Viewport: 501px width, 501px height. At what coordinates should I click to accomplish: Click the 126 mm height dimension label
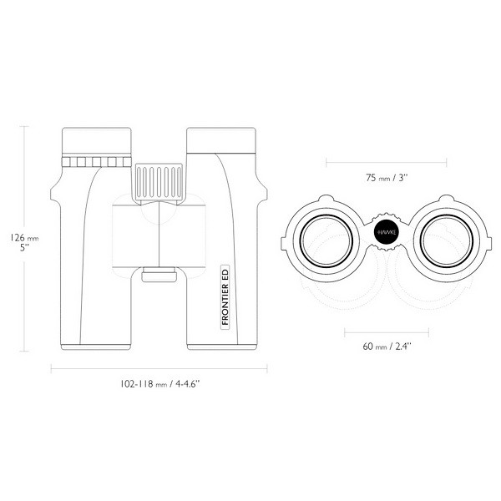pyautogui.click(x=24, y=238)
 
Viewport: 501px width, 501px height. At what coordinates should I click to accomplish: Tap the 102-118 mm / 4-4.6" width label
pyautogui.click(x=159, y=384)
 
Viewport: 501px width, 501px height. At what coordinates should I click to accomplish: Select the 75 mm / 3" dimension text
pyautogui.click(x=387, y=178)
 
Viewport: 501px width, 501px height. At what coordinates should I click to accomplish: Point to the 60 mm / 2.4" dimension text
pyautogui.click(x=387, y=347)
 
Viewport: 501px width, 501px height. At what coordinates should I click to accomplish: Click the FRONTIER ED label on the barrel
pyautogui.click(x=225, y=296)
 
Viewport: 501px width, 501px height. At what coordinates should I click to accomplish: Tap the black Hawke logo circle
pyautogui.click(x=387, y=232)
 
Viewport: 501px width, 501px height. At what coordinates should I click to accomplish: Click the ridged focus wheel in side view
pyautogui.click(x=159, y=182)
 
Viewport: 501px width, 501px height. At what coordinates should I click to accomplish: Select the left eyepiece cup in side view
pyautogui.click(x=97, y=141)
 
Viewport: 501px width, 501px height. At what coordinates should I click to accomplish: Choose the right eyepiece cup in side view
pyautogui.click(x=221, y=140)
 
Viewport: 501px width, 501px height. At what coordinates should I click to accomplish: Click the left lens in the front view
pyautogui.click(x=326, y=240)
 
